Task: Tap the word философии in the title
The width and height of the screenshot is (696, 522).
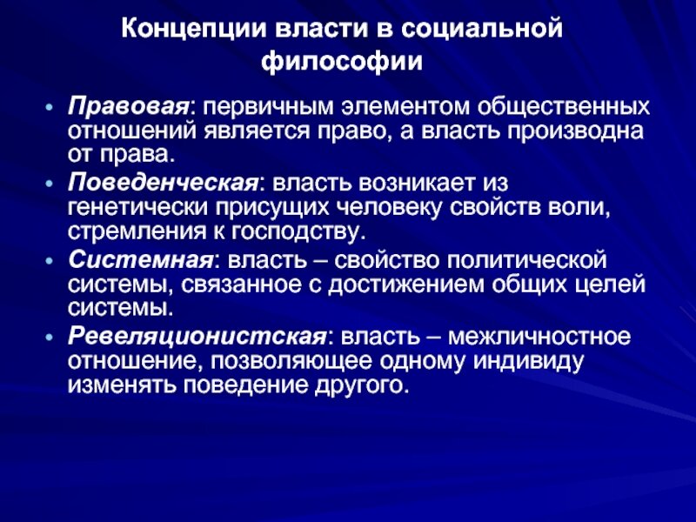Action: coord(348,62)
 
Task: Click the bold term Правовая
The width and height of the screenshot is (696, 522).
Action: coord(129,106)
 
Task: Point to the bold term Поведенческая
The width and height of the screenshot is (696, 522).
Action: coord(162,184)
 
